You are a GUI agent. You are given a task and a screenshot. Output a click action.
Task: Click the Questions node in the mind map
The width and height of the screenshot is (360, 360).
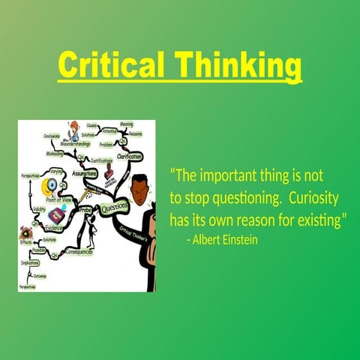[x=115, y=207]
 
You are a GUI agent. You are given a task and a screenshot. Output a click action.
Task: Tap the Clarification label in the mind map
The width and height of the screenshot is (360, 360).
[x=129, y=156]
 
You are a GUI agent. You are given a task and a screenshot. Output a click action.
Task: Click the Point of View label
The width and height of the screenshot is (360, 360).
[x=61, y=199]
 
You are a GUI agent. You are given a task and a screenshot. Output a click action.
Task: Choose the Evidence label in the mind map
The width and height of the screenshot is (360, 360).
[x=55, y=226]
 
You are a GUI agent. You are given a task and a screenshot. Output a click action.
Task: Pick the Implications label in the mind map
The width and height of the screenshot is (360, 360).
[x=30, y=263]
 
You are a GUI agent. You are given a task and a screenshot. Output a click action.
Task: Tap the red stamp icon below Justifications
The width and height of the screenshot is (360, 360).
[x=109, y=175]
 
